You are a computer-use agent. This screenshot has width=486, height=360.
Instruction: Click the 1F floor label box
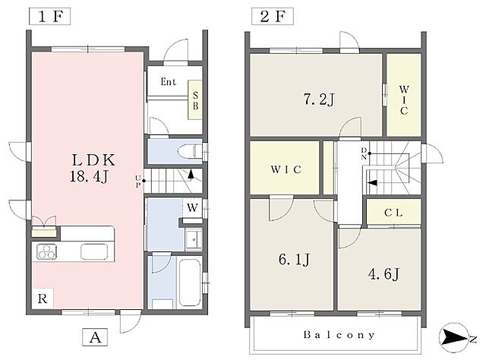(x=50, y=17)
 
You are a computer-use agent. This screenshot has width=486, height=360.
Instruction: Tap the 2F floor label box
(x=272, y=17)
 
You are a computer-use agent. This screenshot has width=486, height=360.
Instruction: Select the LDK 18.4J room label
(x=93, y=169)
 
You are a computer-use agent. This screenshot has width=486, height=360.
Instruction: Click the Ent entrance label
(x=169, y=82)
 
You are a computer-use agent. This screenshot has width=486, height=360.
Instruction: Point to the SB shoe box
(x=195, y=99)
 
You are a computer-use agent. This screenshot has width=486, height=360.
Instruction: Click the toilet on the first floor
(x=191, y=152)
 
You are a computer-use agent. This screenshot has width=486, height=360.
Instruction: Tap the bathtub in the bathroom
(x=190, y=283)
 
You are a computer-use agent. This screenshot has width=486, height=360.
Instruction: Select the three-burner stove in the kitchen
(x=47, y=252)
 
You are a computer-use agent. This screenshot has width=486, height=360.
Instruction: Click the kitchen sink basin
(x=94, y=251)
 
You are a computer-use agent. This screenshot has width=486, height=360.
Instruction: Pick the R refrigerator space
(x=43, y=298)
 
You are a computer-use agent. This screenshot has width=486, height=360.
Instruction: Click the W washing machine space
(x=192, y=207)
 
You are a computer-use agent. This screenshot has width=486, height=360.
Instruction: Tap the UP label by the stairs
(x=138, y=181)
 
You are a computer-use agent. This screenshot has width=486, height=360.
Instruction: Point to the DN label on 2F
(x=364, y=154)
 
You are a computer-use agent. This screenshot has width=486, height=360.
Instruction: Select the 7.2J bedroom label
(x=319, y=99)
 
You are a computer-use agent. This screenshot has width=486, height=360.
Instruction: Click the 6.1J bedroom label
(x=294, y=259)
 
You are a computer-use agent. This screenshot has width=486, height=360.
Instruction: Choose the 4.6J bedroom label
(x=383, y=274)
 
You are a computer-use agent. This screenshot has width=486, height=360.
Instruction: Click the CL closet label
(x=393, y=213)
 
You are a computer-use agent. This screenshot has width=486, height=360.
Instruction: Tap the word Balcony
(x=339, y=335)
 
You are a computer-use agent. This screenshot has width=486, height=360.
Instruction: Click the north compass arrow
(x=453, y=337)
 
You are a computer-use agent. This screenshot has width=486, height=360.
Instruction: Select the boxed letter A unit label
(x=95, y=337)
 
